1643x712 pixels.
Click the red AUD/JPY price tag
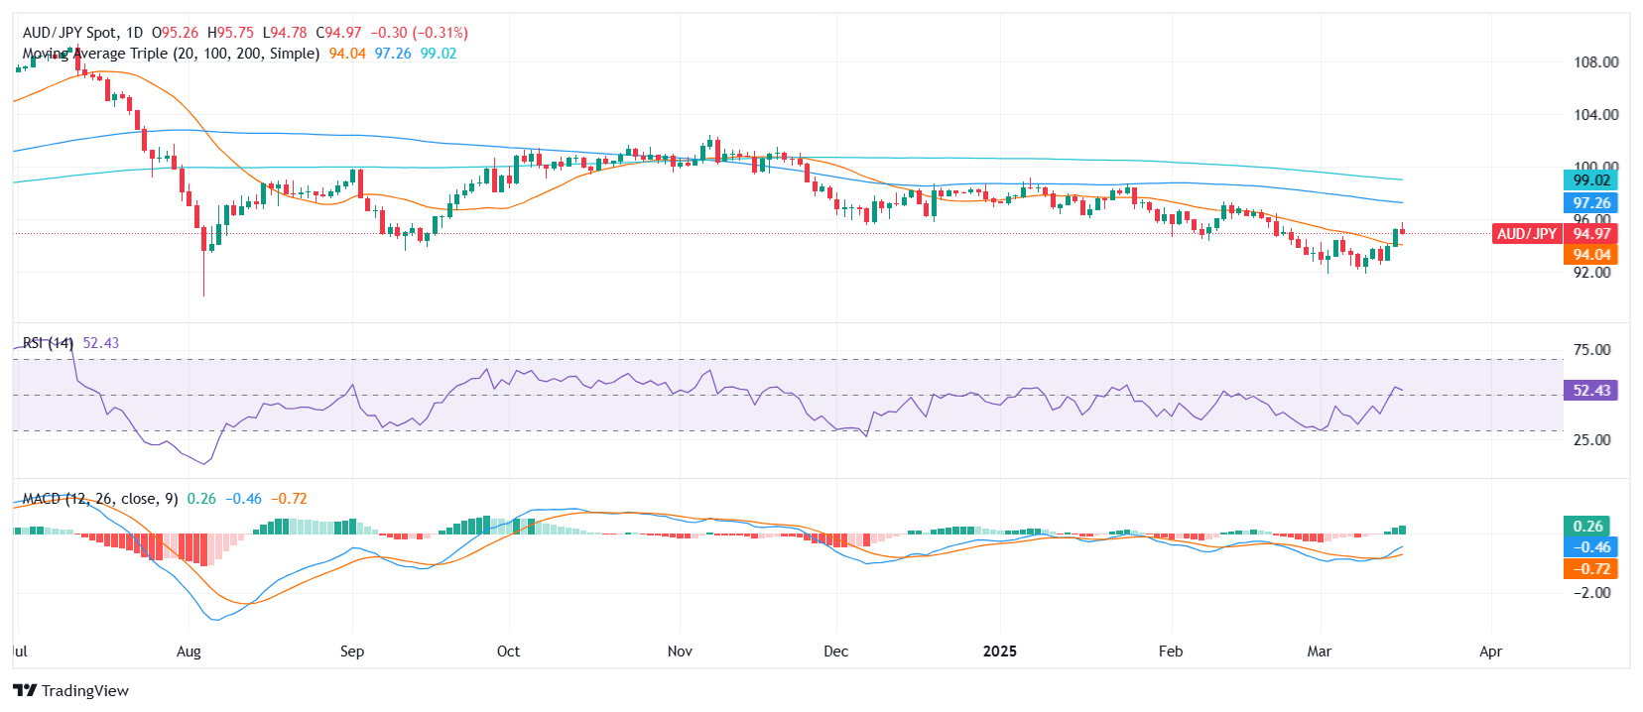tap(1526, 234)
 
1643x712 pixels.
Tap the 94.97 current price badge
tap(1591, 234)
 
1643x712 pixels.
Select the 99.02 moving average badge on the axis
tap(1591, 180)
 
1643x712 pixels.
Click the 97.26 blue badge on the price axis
tap(1591, 203)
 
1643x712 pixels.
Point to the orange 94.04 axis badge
tap(1591, 255)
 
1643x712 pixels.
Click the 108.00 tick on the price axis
tap(1595, 62)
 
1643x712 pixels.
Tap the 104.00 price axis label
tap(1595, 115)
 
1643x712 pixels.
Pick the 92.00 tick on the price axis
tap(1591, 273)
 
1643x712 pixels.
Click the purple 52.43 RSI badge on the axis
tap(1591, 391)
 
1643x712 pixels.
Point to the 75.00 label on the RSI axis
tap(1591, 350)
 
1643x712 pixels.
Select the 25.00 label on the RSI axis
tap(1591, 440)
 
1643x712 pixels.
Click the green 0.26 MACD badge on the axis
tap(1588, 527)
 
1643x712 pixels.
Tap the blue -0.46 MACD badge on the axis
tap(1591, 547)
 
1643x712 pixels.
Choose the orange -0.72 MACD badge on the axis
tap(1591, 569)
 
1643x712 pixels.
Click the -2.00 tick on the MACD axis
tap(1591, 593)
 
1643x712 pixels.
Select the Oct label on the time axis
tap(508, 652)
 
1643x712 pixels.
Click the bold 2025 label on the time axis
tap(1000, 652)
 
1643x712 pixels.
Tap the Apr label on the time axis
tap(1490, 652)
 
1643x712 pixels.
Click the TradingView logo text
tap(84, 691)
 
